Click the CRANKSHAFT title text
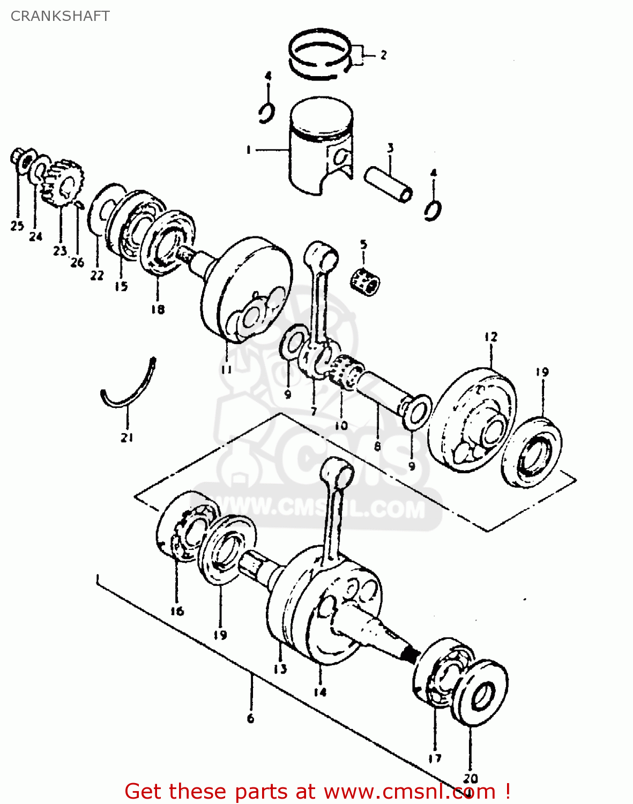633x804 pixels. tap(60, 16)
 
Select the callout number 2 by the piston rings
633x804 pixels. tap(383, 55)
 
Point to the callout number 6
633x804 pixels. tap(251, 718)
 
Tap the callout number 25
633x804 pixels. tap(17, 226)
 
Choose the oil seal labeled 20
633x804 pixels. tap(481, 695)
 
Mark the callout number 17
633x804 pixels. tap(435, 757)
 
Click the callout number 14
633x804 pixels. tap(320, 692)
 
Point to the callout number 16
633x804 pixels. tap(177, 611)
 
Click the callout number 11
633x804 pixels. tap(226, 369)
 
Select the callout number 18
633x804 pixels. tap(158, 309)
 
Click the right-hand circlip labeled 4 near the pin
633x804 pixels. tap(433, 210)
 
